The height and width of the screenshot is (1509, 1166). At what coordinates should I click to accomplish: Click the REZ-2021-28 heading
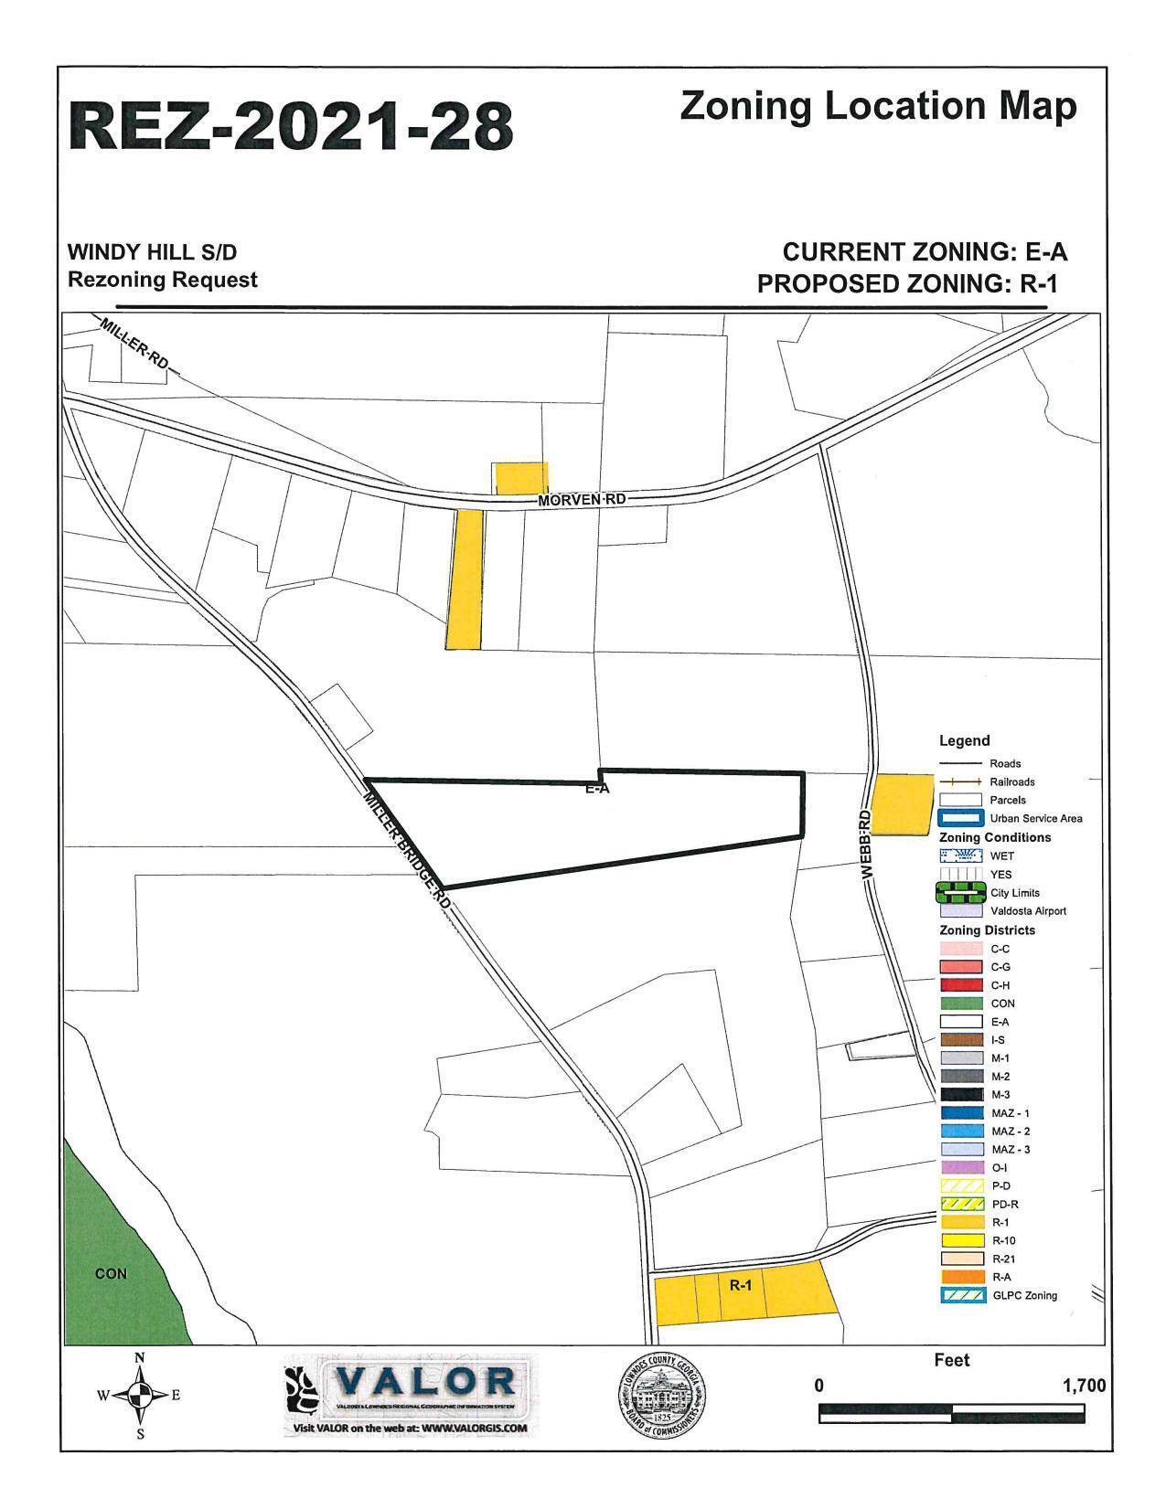[291, 126]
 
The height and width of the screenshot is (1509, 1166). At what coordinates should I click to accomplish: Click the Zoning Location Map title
[878, 107]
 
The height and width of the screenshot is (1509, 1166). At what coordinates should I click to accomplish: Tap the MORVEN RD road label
[582, 500]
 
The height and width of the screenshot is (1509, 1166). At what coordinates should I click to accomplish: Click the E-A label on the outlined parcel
[597, 788]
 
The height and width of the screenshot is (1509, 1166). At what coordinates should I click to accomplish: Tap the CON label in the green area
[111, 1273]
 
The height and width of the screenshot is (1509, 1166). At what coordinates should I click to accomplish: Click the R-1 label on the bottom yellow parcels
[740, 1285]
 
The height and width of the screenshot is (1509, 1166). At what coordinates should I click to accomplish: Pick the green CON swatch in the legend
[960, 1004]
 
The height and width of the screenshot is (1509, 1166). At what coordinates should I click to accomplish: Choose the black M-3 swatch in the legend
[960, 1095]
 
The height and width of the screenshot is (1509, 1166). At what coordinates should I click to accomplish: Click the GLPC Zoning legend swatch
[960, 1295]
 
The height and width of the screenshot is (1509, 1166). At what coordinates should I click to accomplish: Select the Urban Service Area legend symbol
[960, 818]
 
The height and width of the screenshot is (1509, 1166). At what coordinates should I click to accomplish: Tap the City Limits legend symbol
[960, 892]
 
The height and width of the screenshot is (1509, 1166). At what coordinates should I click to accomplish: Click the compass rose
[139, 1395]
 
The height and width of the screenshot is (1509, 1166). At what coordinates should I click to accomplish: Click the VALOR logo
[410, 1393]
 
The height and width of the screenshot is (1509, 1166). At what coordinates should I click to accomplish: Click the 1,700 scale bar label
[1084, 1386]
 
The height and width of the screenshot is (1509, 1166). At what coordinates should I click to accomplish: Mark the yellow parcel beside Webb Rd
[900, 804]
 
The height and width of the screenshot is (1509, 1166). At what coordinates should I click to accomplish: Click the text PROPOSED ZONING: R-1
[907, 283]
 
